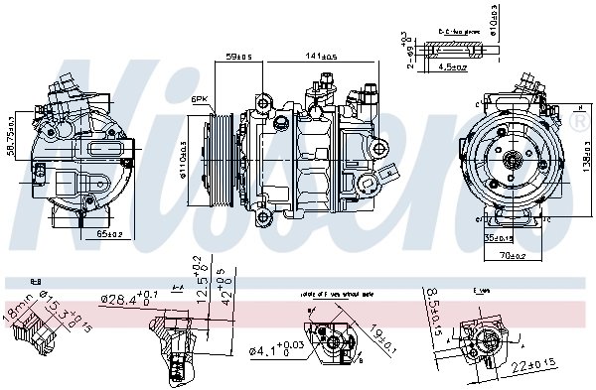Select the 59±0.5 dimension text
pos(239,58)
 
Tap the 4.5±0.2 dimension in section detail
pos(454,67)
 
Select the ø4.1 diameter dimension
pos(264,348)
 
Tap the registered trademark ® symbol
pos(578,119)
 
